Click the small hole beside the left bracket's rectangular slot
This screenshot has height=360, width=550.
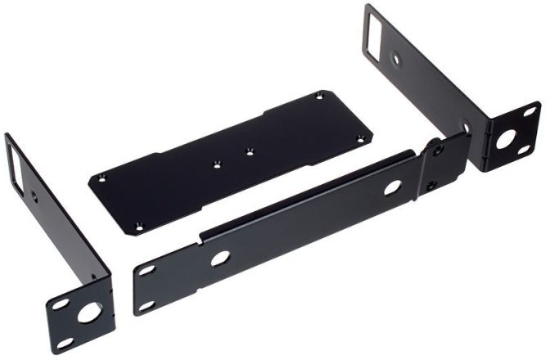pyautogui.click(x=33, y=195)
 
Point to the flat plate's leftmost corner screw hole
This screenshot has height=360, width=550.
pyautogui.click(x=101, y=179)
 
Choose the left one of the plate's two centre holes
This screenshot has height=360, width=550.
pyautogui.click(x=217, y=164)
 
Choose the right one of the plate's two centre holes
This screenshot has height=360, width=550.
pyautogui.click(x=250, y=151)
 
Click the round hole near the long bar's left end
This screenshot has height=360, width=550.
pyautogui.click(x=219, y=259)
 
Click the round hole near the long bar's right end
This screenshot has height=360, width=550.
pyautogui.click(x=392, y=187)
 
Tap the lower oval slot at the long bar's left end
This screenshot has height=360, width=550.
pyautogui.click(x=147, y=306)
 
